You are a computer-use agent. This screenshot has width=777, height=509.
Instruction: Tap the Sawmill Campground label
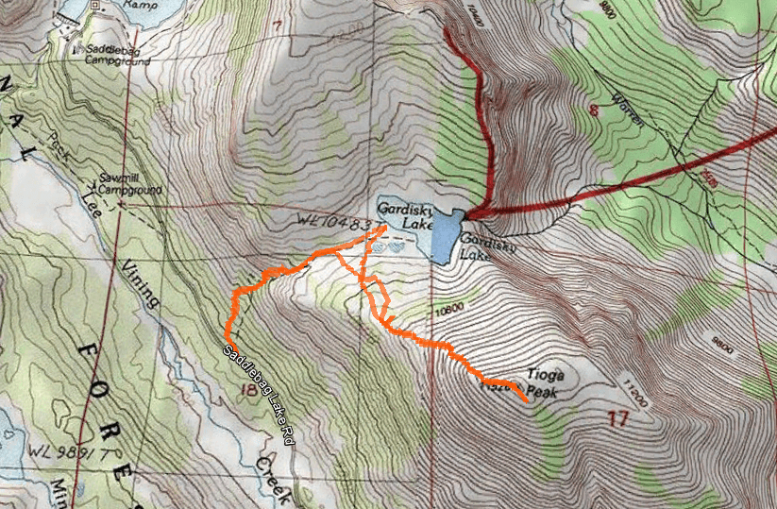(x=131, y=183)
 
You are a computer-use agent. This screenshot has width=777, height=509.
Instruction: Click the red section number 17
(x=618, y=417)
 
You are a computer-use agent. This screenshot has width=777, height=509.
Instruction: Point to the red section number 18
(x=249, y=391)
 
